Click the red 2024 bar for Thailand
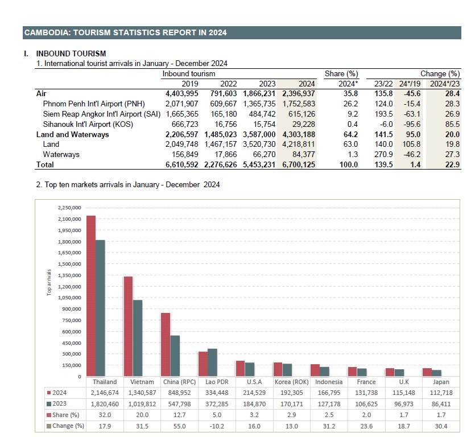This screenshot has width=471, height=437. pos(91,296)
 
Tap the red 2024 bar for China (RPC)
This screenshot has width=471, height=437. pos(166,345)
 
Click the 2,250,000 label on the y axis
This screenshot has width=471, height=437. pos(70,208)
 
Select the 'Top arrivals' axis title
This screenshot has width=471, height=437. pos(49,282)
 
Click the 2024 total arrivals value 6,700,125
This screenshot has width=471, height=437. pos(298,164)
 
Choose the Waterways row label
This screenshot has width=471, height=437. pos(61,154)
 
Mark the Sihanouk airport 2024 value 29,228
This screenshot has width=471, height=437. pos(303,124)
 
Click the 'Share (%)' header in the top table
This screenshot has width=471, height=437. pos(341,74)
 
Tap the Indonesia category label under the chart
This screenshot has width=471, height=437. pos(329,382)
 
